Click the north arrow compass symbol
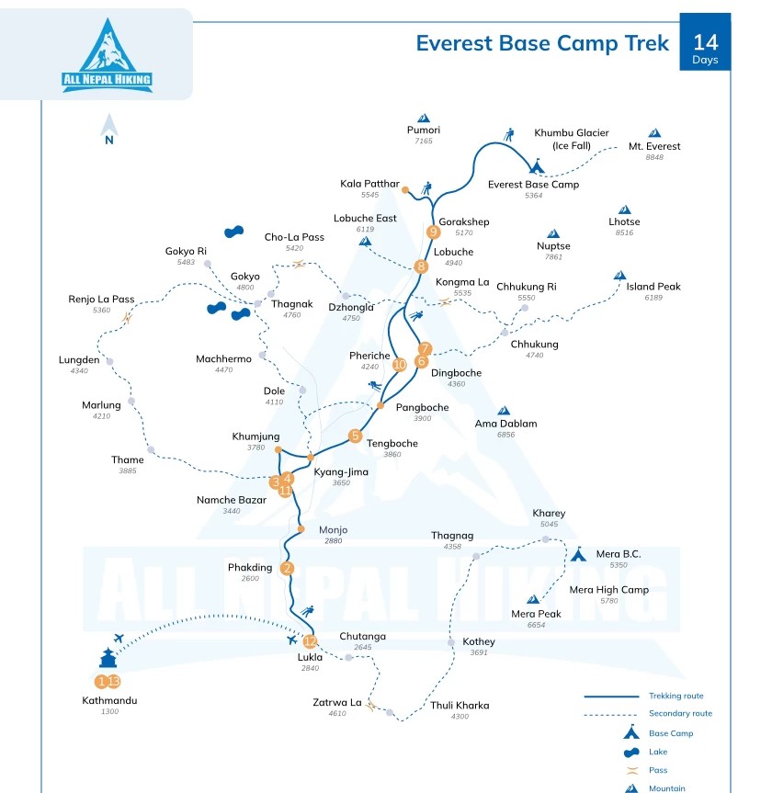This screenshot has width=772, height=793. tap(109, 129)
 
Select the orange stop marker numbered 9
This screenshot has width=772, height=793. tap(434, 232)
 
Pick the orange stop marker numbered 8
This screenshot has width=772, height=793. tap(421, 267)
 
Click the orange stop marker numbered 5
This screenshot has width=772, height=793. tap(356, 436)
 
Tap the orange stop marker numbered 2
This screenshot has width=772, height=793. tap(287, 568)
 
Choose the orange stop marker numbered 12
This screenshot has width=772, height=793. tap(310, 641)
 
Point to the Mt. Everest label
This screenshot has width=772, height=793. tap(654, 146)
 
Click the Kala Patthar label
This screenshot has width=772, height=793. tap(369, 184)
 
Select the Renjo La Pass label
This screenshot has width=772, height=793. tap(101, 300)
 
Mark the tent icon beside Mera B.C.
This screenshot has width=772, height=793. tap(578, 554)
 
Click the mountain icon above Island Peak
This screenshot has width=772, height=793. tap(619, 275)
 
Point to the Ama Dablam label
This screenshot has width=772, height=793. tap(505, 424)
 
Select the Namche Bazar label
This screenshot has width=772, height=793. tap(231, 500)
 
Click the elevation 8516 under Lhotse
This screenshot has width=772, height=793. tap(624, 233)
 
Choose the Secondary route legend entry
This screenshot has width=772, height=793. tap(680, 714)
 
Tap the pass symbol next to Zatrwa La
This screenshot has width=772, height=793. tap(371, 706)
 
